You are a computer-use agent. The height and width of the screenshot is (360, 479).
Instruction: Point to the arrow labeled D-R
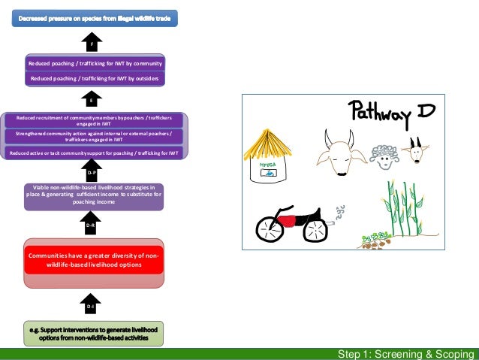click(x=91, y=222)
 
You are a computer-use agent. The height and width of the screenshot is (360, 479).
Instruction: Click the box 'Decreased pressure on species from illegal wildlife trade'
click(x=94, y=17)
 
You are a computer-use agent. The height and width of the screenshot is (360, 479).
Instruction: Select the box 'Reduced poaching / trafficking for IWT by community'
click(x=94, y=64)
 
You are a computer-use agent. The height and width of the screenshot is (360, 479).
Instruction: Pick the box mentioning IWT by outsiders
click(x=94, y=77)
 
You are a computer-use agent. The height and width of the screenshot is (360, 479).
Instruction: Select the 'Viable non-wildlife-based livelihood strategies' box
click(x=94, y=194)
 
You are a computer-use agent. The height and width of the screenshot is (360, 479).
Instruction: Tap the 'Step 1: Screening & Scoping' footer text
click(x=405, y=354)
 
